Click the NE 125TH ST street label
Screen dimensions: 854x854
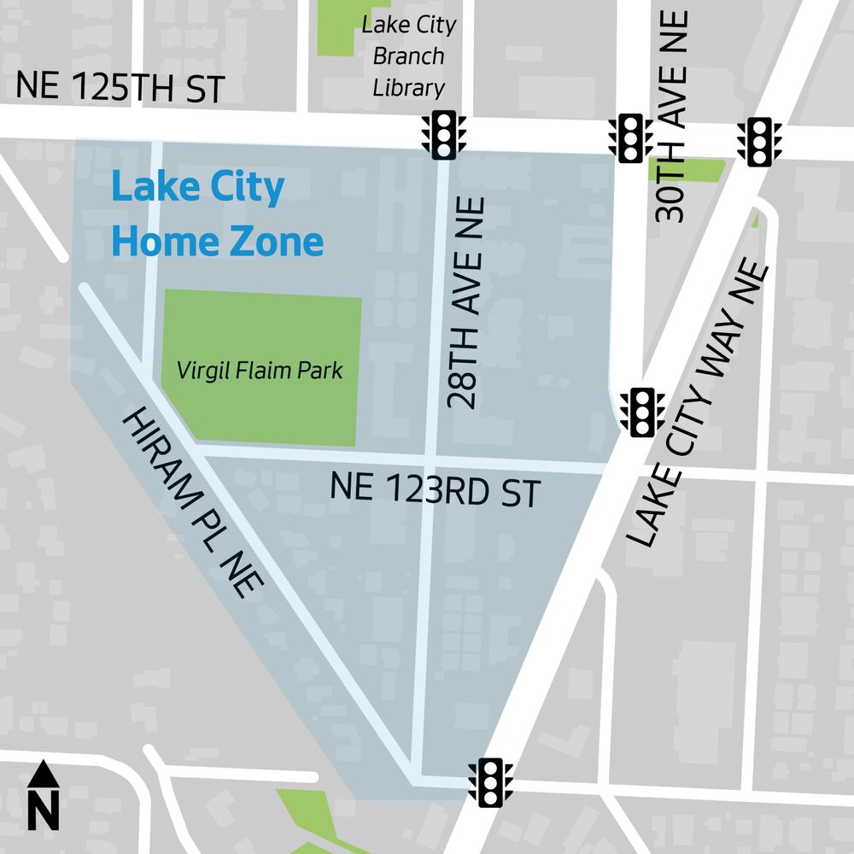(120, 88)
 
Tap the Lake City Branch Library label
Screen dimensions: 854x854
(408, 56)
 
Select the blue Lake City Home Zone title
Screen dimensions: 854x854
(217, 214)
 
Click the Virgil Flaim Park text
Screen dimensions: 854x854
(260, 371)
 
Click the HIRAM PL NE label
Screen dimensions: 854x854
(195, 503)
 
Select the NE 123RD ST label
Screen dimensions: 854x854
(436, 492)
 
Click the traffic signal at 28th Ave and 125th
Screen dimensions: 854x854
(444, 135)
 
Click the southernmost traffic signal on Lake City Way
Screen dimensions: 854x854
(491, 781)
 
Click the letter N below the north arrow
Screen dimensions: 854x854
(44, 811)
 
